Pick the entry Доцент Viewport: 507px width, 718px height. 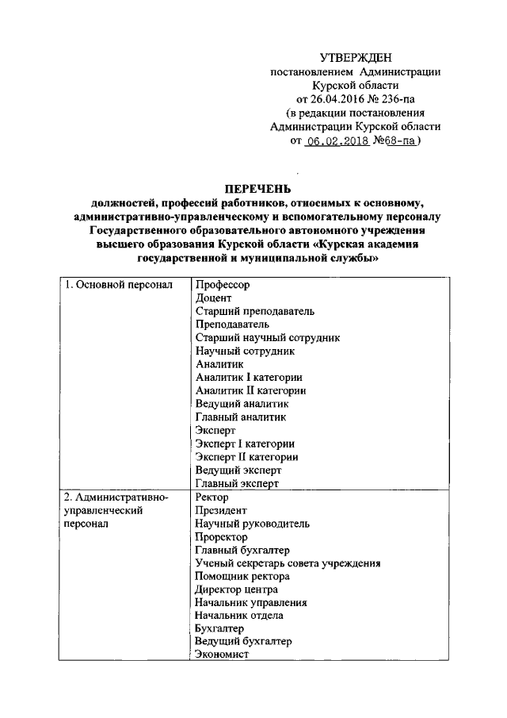212,298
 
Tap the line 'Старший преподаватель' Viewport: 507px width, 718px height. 254,311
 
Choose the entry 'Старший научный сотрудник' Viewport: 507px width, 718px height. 267,337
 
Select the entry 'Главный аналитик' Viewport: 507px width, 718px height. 240,417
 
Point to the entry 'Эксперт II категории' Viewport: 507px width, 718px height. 246,456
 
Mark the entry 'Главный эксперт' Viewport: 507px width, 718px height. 237,483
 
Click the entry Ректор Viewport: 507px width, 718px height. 212,497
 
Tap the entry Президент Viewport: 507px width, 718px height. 220,510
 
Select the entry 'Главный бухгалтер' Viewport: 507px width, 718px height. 242,550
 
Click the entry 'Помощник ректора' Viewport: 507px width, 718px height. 242,576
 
